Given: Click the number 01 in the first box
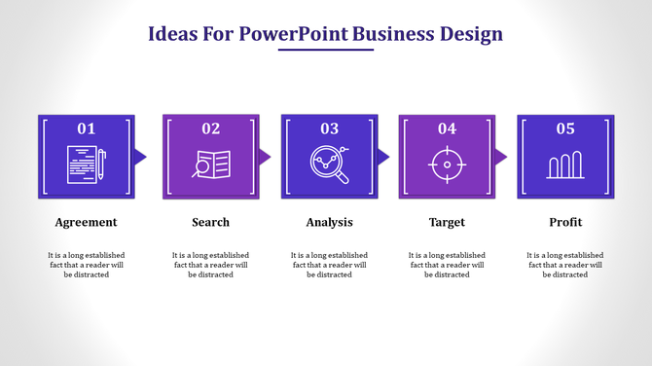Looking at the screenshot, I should tap(86, 128).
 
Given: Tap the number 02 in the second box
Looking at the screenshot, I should tap(210, 128).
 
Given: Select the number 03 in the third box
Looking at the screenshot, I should tap(329, 128).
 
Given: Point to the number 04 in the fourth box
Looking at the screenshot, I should tap(447, 128).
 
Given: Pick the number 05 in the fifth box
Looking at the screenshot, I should tap(565, 128).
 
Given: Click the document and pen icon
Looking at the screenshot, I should tap(86, 164).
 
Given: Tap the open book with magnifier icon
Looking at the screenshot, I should tap(210, 164).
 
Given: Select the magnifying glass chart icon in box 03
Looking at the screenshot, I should tap(329, 164).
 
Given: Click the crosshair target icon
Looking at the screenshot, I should tap(447, 164).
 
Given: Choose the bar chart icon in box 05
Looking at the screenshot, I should tap(565, 165).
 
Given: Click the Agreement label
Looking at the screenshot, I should tap(86, 222).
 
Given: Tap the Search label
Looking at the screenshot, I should tap(210, 222).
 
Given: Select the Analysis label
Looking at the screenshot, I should tap(329, 222).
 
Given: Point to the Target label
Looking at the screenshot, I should tap(447, 222).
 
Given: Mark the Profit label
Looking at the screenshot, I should tap(565, 222).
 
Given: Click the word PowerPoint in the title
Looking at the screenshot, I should tap(294, 34).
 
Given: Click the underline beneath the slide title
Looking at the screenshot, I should tap(325, 50).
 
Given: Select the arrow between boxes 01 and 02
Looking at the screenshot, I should tap(141, 157).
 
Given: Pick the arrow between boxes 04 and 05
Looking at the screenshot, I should tap(501, 157).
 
